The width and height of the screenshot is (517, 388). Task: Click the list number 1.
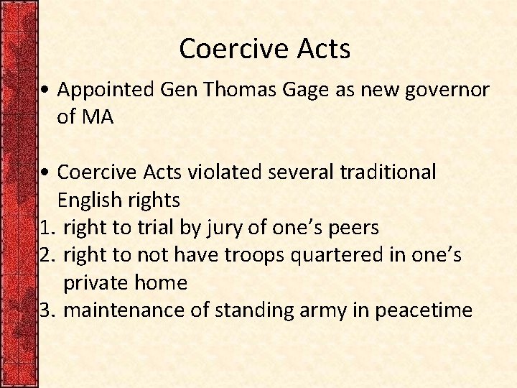click(46, 228)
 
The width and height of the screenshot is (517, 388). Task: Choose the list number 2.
click(46, 255)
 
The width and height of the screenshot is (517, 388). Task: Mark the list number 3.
click(46, 310)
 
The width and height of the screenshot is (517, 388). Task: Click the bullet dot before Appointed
click(45, 91)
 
